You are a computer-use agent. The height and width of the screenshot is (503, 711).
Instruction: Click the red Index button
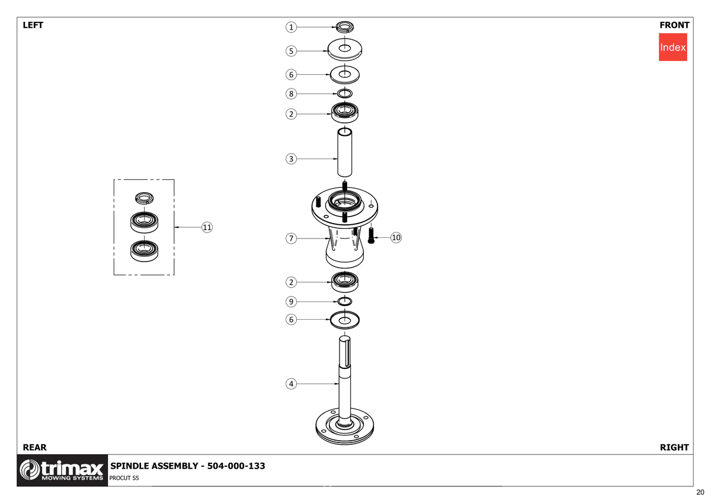point(672,47)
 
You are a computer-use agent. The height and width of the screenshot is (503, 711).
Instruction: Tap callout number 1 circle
point(291,27)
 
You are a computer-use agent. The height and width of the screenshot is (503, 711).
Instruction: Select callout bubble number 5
point(291,51)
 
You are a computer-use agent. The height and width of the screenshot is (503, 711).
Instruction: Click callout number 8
point(291,94)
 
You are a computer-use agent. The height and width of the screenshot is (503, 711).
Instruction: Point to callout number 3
point(291,159)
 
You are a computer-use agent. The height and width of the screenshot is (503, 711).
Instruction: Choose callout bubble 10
point(396,237)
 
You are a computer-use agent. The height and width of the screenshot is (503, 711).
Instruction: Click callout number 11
point(207,227)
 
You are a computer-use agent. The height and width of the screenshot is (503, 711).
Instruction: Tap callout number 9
point(291,301)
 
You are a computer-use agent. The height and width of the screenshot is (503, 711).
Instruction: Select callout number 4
point(291,384)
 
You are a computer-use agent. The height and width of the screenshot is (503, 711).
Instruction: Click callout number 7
point(291,238)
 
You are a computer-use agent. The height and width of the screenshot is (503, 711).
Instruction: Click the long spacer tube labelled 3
point(345,152)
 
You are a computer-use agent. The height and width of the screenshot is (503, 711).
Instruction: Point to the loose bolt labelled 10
point(371,235)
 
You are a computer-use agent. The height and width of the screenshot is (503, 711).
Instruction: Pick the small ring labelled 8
point(345,93)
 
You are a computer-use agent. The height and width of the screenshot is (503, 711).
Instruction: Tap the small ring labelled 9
point(345,301)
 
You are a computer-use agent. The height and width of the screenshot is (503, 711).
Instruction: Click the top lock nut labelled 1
point(345,27)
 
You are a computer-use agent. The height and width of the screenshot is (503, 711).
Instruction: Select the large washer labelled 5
point(345,50)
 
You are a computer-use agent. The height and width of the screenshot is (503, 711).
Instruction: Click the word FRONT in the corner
point(674,25)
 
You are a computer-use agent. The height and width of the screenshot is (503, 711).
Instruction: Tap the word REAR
point(34,447)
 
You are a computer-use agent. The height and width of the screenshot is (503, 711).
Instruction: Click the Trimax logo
point(62,470)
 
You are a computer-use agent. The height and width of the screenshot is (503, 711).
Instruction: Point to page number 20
point(700,492)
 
